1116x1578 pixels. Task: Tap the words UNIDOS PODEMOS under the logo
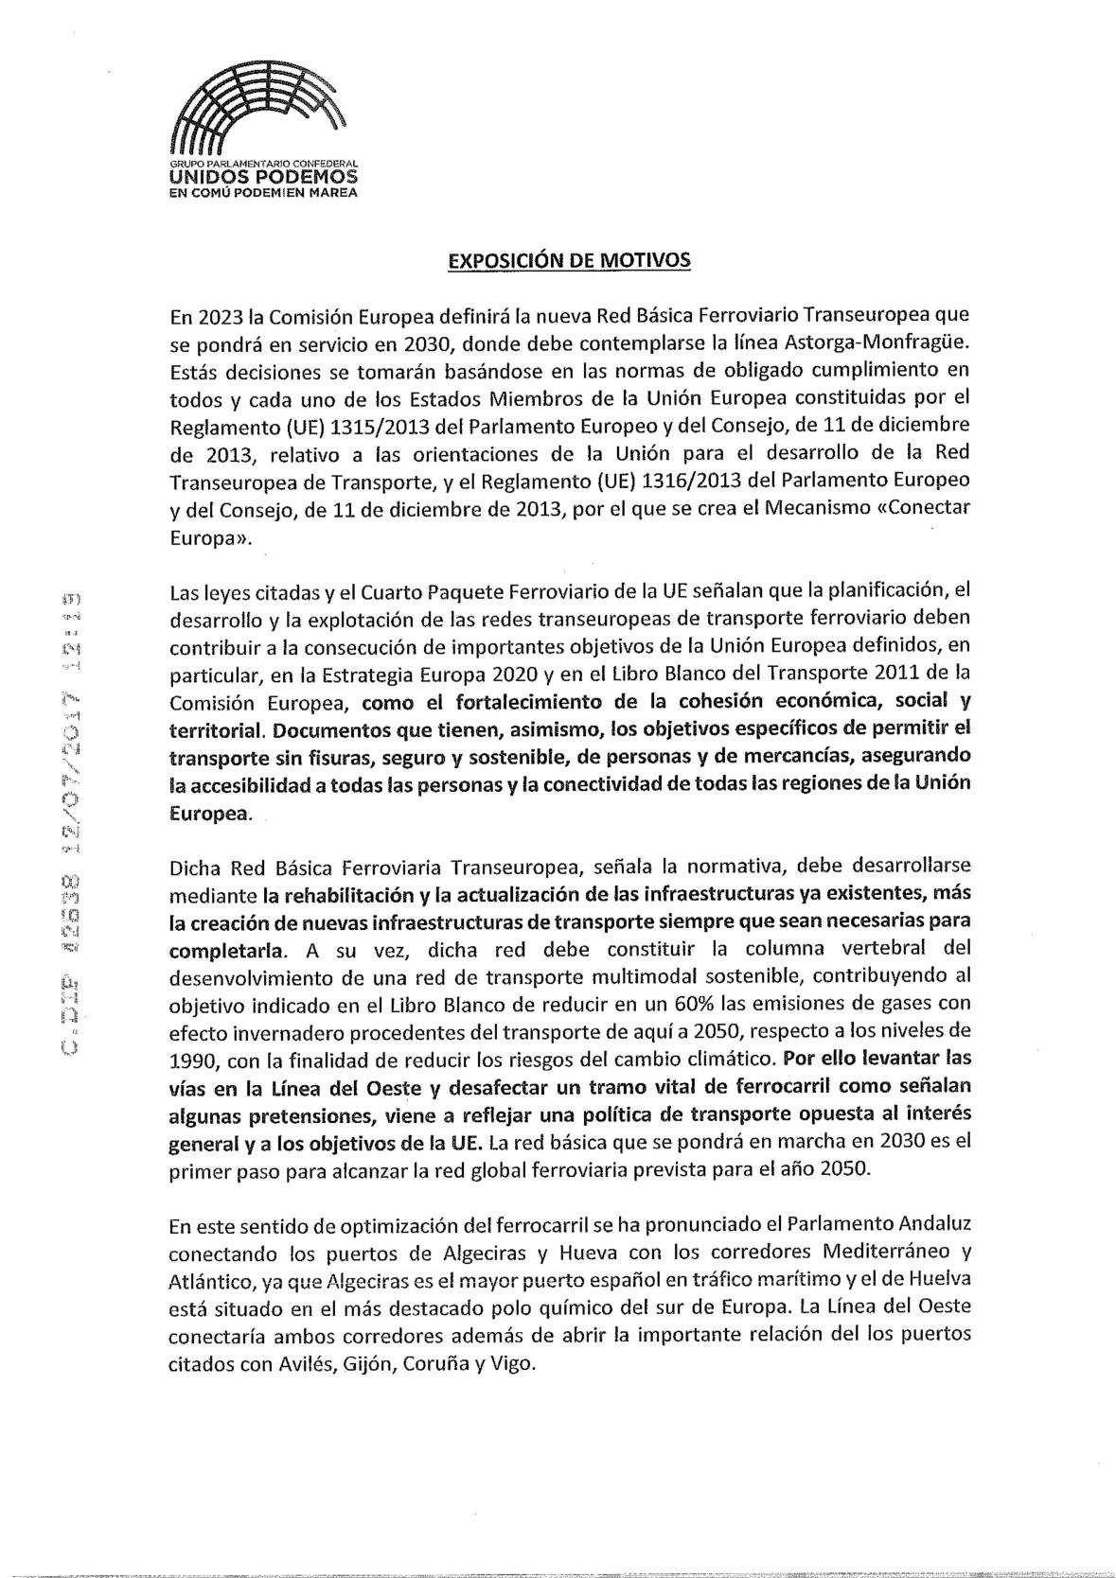[263, 176]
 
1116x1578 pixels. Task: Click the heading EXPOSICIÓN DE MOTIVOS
[569, 260]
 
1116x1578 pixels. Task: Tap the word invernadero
[286, 1029]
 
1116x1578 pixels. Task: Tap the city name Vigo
[516, 1365]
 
